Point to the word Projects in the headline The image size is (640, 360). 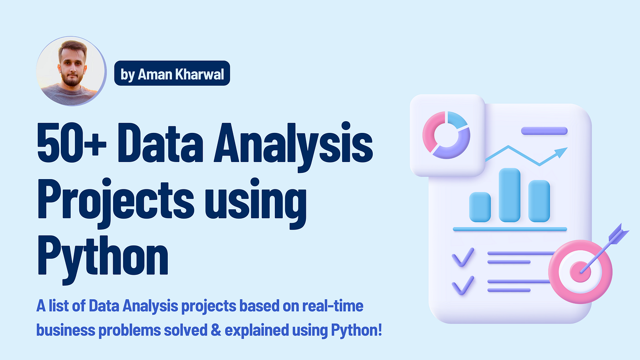coord(115,202)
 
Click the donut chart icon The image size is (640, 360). coord(446,135)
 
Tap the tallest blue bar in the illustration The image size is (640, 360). coord(509,195)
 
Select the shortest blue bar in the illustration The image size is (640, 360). coord(480,207)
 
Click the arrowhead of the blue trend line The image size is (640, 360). coord(561,152)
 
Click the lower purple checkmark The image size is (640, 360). coord(463,286)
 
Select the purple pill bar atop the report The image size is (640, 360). coord(544,131)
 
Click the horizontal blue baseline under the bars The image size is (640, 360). coord(509,229)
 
